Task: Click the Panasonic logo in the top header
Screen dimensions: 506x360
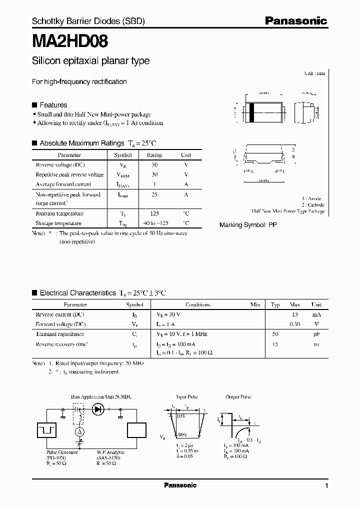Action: [295, 20]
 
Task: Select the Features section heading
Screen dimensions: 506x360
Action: [53, 105]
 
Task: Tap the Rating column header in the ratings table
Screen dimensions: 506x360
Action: [154, 155]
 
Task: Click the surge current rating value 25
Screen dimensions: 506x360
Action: [154, 194]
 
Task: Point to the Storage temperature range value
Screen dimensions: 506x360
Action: [154, 223]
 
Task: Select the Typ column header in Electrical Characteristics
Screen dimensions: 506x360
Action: [275, 304]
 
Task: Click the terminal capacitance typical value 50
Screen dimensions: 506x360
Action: [275, 333]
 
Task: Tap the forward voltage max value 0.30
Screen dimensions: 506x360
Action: [295, 324]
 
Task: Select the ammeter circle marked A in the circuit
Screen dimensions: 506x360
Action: [78, 431]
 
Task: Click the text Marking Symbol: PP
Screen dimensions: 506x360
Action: [248, 225]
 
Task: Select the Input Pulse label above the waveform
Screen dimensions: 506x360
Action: [187, 397]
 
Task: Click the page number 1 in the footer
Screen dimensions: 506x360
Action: [326, 486]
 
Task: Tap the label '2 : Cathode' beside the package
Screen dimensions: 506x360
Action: [312, 204]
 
